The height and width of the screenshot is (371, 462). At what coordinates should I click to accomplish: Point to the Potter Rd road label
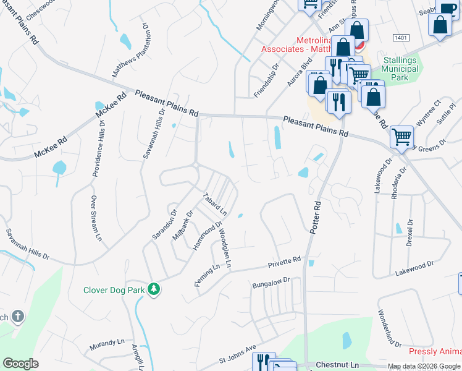point(314,216)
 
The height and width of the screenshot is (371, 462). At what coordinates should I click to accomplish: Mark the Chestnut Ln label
point(337,365)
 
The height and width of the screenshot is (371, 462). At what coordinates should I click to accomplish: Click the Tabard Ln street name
point(215,205)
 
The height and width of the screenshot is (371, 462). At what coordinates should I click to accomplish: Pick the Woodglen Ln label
point(224,247)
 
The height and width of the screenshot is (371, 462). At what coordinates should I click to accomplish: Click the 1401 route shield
point(400,38)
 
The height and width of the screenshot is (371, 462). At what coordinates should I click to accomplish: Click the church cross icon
point(18,317)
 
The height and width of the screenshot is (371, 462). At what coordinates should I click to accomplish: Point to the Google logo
point(20,364)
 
